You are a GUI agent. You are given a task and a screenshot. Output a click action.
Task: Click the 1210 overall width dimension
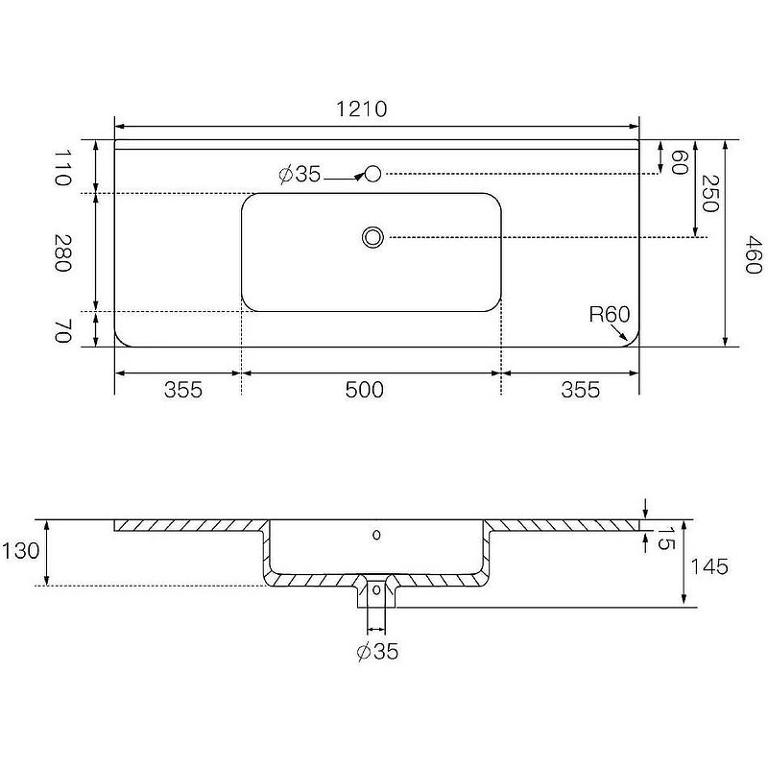click(x=362, y=108)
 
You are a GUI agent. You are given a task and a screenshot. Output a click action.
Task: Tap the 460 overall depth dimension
click(x=754, y=254)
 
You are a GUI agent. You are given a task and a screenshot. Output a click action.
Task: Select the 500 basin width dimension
click(x=365, y=390)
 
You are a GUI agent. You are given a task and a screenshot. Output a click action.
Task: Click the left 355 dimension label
click(x=183, y=390)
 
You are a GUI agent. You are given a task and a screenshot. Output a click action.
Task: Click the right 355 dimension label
click(x=581, y=390)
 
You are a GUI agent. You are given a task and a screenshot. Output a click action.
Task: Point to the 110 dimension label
click(x=62, y=167)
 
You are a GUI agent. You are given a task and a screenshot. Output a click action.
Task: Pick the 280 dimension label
click(x=62, y=252)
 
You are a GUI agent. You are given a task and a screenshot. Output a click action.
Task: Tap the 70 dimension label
click(x=63, y=330)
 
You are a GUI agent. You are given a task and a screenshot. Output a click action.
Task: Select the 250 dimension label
click(x=710, y=193)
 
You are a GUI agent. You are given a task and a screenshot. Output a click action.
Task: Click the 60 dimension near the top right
click(x=680, y=162)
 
